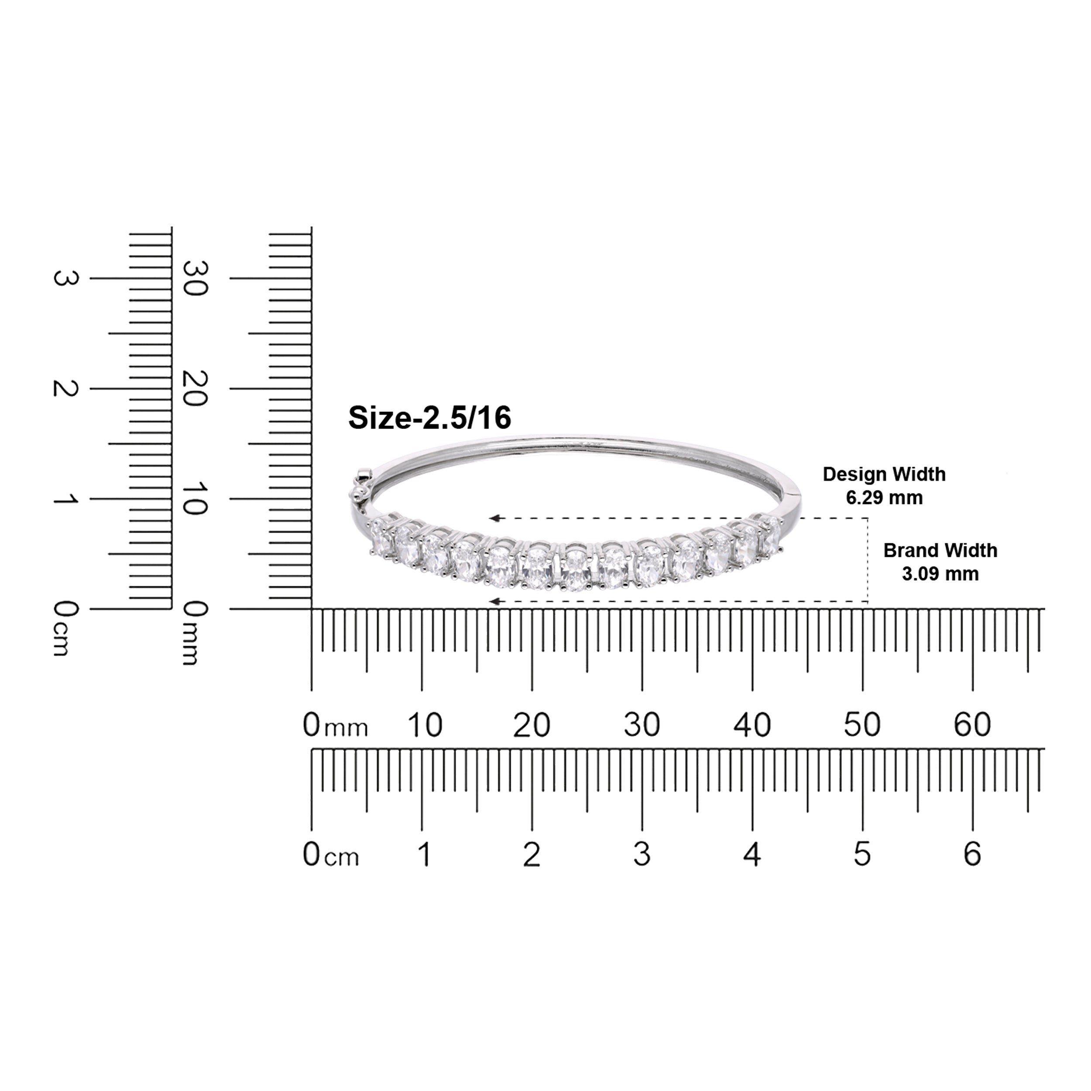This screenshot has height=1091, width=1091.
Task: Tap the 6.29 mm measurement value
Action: [x=884, y=497]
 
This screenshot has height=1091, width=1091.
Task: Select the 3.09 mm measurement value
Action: [x=940, y=574]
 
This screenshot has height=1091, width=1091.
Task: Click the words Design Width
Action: [x=884, y=474]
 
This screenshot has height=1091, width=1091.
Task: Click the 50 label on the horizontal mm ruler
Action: [x=862, y=724]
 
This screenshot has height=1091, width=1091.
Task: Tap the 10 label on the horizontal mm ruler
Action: [x=425, y=724]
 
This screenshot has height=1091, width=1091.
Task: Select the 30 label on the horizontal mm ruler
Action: [x=642, y=724]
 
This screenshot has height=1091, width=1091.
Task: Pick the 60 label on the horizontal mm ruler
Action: [x=972, y=724]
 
